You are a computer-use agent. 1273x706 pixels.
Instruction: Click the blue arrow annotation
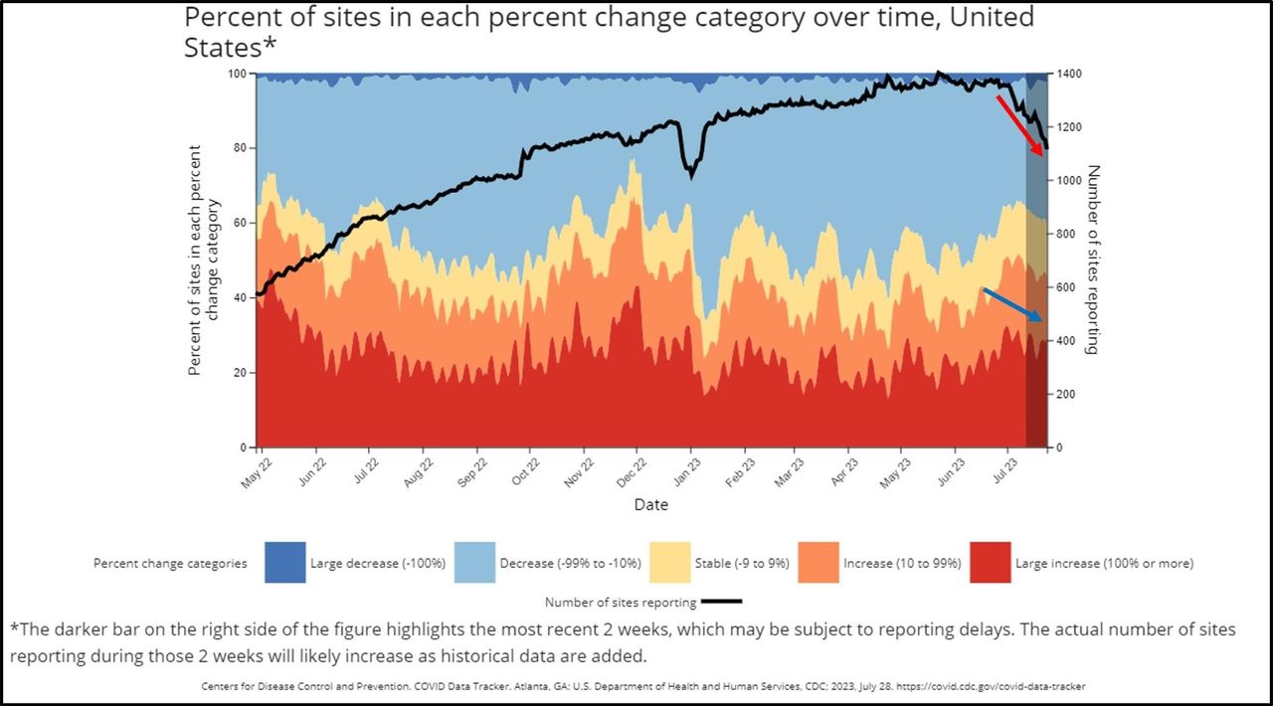click(x=1012, y=304)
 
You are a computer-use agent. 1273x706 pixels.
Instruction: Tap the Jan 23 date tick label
click(x=685, y=470)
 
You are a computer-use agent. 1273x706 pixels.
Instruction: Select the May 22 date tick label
click(x=255, y=470)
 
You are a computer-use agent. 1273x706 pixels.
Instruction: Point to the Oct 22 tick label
click(x=526, y=470)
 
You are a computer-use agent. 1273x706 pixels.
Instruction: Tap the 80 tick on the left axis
click(x=239, y=148)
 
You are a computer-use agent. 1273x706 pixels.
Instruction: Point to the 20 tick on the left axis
click(x=239, y=373)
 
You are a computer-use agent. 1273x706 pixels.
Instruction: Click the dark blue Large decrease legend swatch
click(x=284, y=563)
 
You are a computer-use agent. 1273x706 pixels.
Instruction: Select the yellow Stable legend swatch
click(x=668, y=563)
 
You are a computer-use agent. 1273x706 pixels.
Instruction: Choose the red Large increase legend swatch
click(x=990, y=563)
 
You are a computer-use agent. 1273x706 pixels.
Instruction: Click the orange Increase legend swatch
click(x=815, y=563)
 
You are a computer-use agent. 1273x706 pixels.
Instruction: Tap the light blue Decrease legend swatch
click(x=475, y=563)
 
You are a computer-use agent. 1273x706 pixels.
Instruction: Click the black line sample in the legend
click(x=721, y=602)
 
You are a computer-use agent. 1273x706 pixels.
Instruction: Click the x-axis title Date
click(x=651, y=505)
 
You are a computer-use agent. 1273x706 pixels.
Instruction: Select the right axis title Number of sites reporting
click(x=1093, y=260)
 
